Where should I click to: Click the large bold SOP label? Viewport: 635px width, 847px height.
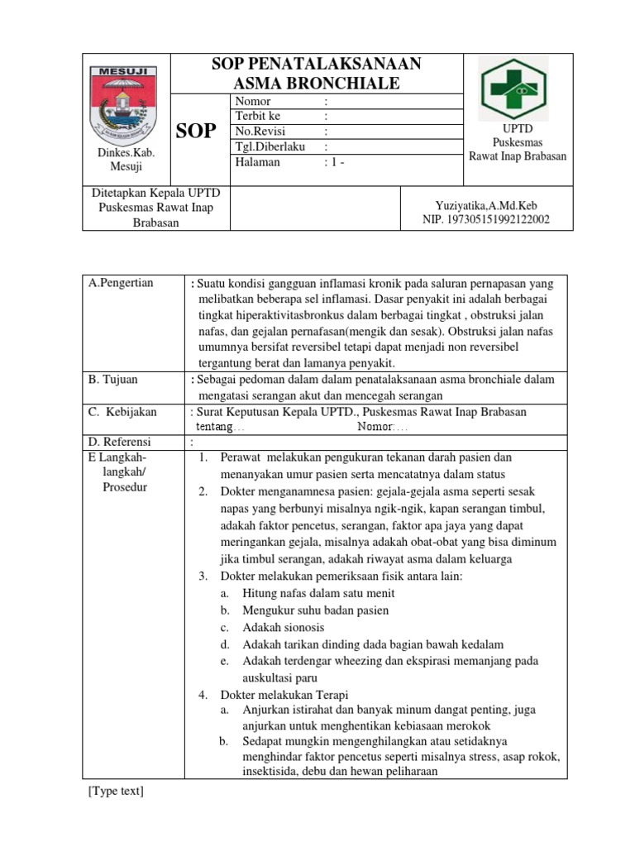pyautogui.click(x=197, y=131)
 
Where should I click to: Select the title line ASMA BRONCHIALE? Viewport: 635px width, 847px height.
pyautogui.click(x=317, y=83)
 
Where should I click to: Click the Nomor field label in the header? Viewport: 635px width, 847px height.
pyautogui.click(x=253, y=101)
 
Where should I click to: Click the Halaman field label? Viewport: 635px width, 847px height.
pyautogui.click(x=257, y=162)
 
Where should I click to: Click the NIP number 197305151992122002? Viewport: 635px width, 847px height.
pyautogui.click(x=485, y=219)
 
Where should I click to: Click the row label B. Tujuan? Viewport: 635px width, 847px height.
pyautogui.click(x=113, y=380)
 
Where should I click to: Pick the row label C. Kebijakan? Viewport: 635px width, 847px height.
pyautogui.click(x=122, y=412)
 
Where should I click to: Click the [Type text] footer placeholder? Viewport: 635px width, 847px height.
pyautogui.click(x=116, y=792)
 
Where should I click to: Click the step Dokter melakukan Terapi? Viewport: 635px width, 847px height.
pyautogui.click(x=284, y=694)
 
